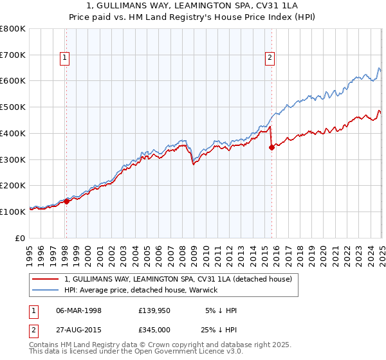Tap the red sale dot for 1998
[66, 201]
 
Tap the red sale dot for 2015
[271, 147]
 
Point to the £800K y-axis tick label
[13, 29]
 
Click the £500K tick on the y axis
[13, 107]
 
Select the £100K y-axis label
[13, 212]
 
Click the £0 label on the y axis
[21, 238]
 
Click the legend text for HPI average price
[141, 290]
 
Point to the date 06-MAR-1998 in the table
[79, 310]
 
